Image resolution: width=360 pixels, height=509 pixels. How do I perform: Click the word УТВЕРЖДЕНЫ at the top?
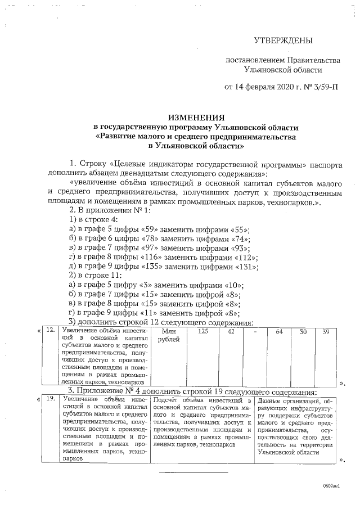pyautogui.click(x=282, y=40)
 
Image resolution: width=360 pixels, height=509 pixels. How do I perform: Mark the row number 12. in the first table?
pyautogui.click(x=50, y=331)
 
